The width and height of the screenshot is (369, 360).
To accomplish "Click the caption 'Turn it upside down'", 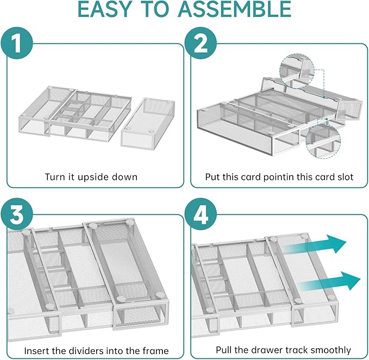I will coord(92,177).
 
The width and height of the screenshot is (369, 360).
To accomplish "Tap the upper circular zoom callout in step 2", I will coord(296,70).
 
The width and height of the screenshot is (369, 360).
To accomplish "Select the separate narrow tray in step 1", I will coord(146,123).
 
